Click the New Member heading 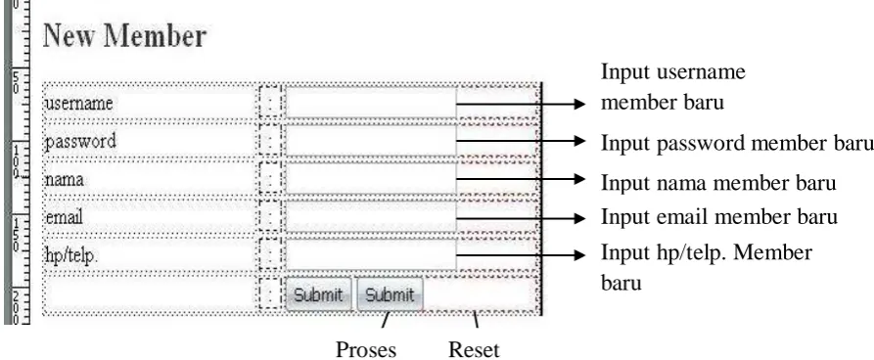(125, 35)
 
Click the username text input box (371, 103)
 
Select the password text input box (371, 141)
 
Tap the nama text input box (371, 179)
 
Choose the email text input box (371, 217)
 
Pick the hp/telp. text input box (371, 255)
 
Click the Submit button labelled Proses (318, 294)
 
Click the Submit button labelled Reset (391, 294)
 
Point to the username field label (78, 104)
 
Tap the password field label (80, 142)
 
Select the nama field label (64, 180)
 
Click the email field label (64, 217)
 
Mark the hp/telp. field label (71, 255)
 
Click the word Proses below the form (366, 350)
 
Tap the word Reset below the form (474, 350)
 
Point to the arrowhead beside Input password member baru (579, 141)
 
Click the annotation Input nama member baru (718, 183)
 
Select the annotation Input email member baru (719, 217)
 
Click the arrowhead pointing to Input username (579, 104)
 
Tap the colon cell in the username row (270, 103)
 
